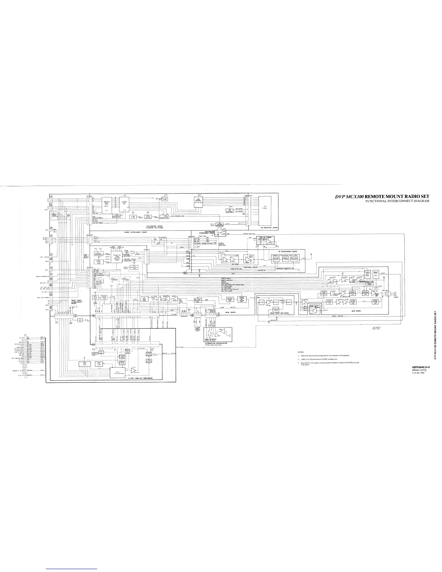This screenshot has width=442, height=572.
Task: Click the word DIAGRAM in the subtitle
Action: coord(420,201)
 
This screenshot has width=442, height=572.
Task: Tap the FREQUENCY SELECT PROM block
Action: coord(107,204)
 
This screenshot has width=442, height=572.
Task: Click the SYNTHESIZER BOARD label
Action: coord(155,227)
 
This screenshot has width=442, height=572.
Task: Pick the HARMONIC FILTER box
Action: coord(286,259)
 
